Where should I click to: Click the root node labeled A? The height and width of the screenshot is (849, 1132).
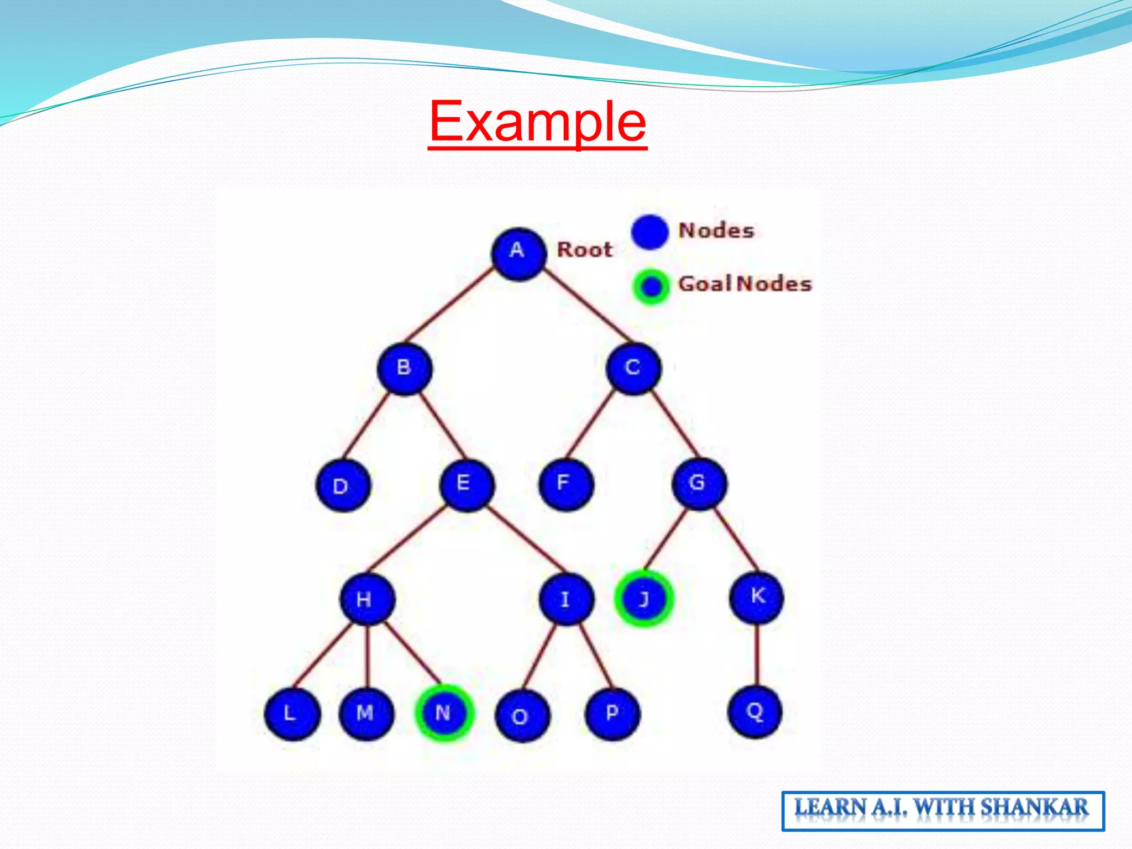pos(518,253)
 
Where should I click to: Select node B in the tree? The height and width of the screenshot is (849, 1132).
pos(405,369)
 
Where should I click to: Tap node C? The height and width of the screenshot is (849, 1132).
pos(633,369)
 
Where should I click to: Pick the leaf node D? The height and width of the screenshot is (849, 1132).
pos(343,486)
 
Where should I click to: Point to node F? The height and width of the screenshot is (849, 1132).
pos(565,484)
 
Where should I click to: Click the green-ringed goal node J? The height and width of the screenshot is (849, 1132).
pos(644,599)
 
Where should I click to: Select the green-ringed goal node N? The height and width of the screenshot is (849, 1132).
pos(444,713)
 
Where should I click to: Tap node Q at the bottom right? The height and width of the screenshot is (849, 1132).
pos(755,712)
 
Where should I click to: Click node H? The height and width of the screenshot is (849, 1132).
pos(367,600)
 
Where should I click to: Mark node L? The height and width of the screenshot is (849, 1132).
pos(292,714)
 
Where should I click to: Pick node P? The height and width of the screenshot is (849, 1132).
pos(612,714)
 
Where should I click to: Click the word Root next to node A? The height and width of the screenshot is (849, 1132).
pos(585,250)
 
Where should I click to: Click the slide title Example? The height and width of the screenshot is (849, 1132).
pos(537,122)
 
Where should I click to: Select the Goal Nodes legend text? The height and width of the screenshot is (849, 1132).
pos(745,284)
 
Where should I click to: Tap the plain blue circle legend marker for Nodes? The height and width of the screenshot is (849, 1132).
pos(650,232)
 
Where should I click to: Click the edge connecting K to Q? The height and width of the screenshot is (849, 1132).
pos(756,655)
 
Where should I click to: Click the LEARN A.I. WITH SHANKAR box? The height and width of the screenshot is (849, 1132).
pos(942,810)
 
